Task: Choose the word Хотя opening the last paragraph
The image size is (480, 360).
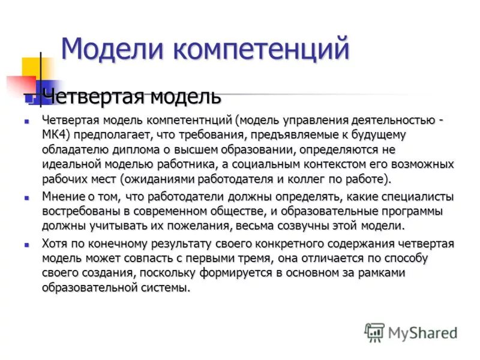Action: click(55, 244)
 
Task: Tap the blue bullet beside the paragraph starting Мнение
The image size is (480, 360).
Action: click(26, 197)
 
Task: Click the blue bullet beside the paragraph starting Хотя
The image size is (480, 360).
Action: click(26, 244)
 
